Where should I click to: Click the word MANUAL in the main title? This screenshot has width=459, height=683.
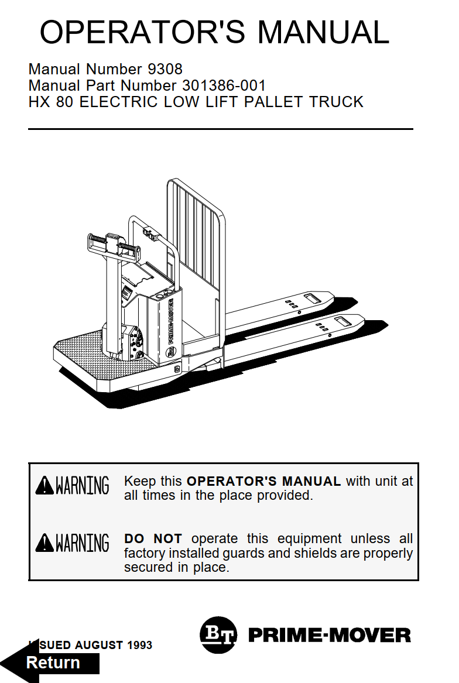(323, 32)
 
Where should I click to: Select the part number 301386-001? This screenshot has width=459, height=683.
(224, 86)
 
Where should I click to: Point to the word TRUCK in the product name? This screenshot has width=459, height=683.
(336, 102)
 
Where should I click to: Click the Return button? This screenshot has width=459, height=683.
(53, 663)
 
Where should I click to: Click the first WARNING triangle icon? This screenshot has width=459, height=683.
(44, 485)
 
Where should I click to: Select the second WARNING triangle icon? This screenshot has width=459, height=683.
(44, 543)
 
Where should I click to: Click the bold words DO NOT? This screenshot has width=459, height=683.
(153, 538)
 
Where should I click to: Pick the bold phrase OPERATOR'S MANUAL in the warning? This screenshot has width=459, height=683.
(263, 482)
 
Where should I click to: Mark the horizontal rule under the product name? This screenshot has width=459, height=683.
(220, 129)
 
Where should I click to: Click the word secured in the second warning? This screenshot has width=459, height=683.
(146, 567)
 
